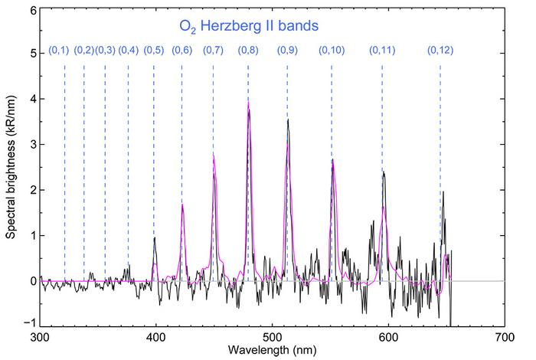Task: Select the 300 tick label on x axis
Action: coord(39,337)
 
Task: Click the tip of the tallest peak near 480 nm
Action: coord(248,103)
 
